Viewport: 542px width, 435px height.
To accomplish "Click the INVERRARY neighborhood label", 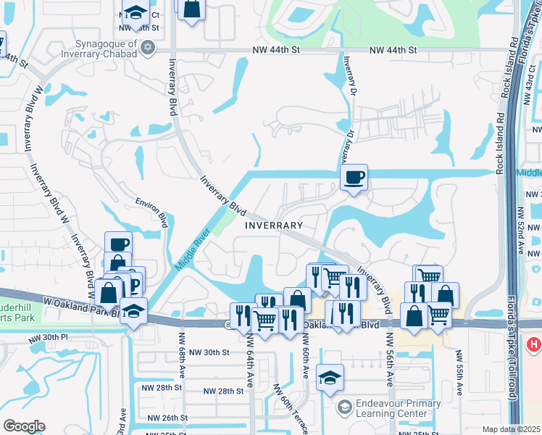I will click(x=273, y=225).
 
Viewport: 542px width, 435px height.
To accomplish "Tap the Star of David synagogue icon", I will click(x=148, y=48).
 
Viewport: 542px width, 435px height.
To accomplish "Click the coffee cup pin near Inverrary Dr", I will click(x=354, y=178).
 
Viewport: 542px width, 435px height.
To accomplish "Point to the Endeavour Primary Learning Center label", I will click(x=393, y=409).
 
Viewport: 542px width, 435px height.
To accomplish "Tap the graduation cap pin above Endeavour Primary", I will click(x=330, y=378).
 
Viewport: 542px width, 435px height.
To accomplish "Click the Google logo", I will click(x=24, y=426).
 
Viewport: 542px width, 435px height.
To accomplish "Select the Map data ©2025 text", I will click(x=511, y=429).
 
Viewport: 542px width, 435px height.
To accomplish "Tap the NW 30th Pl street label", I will click(x=47, y=338).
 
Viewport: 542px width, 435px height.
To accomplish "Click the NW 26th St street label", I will click(x=167, y=418).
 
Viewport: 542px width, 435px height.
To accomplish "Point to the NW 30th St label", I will click(x=209, y=352).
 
